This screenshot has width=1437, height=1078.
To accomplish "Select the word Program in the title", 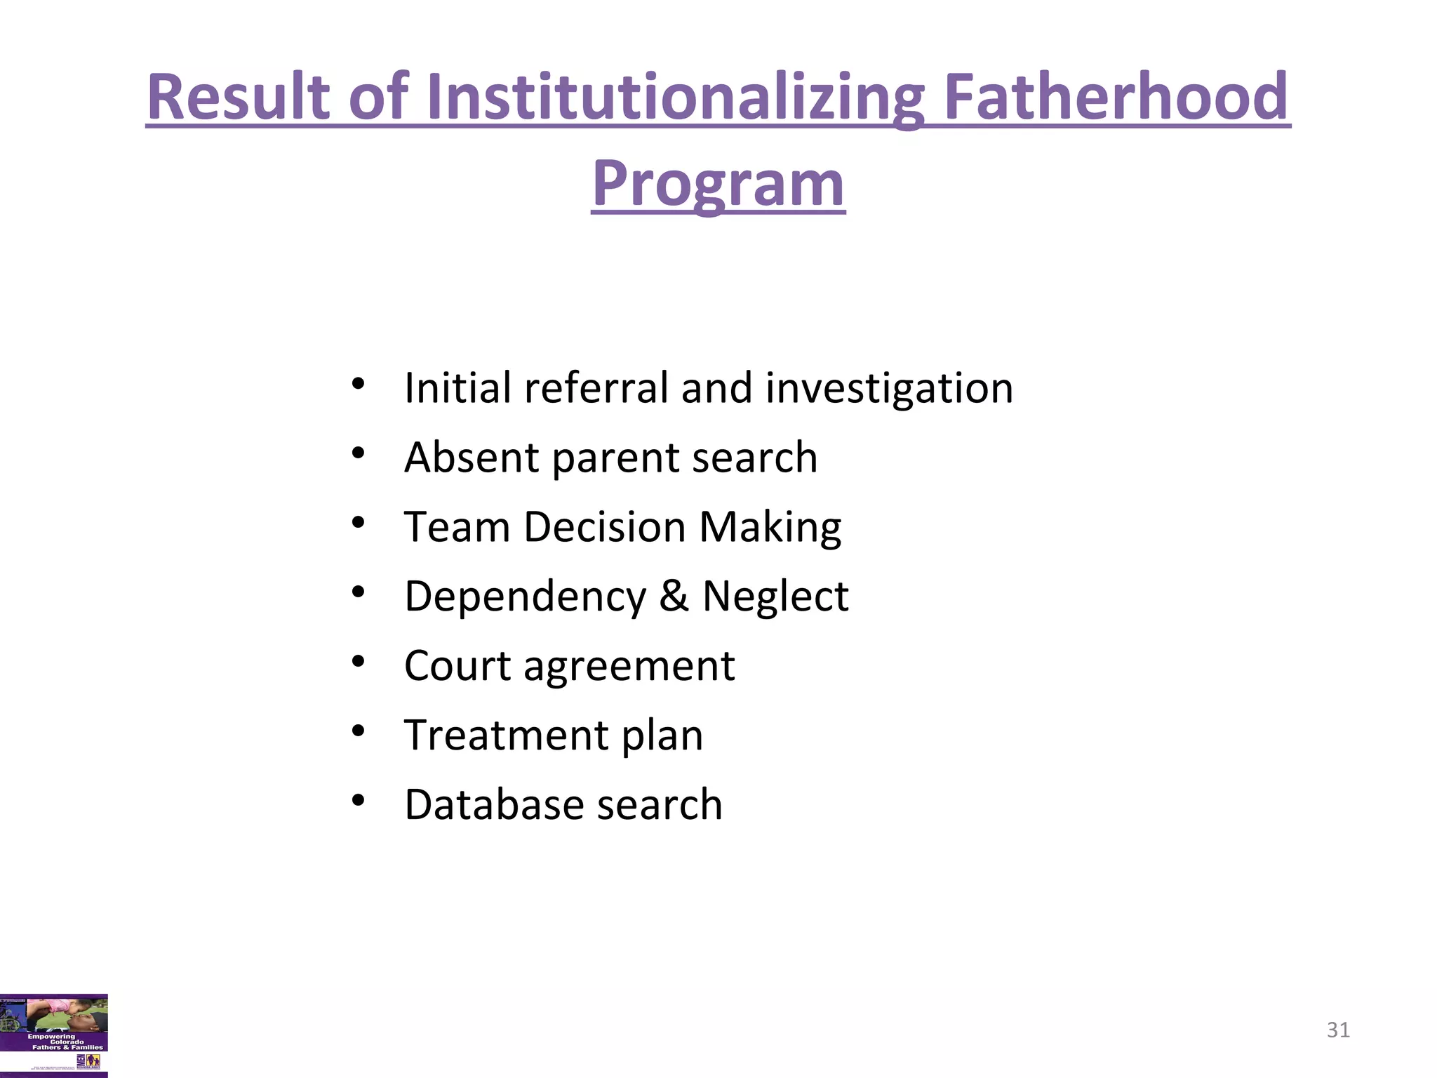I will [718, 184].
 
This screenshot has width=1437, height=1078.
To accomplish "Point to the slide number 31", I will [1338, 1030].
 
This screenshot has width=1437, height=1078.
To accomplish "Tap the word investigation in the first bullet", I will [889, 388].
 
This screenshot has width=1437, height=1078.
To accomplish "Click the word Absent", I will [472, 457].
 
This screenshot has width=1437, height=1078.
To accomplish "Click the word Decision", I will [604, 526].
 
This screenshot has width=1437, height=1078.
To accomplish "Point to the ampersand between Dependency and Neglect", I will [674, 596].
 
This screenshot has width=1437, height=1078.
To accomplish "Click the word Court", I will [457, 665].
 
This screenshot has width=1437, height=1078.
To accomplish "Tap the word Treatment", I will [506, 735].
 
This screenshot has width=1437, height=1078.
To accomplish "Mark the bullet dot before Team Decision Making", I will [359, 523].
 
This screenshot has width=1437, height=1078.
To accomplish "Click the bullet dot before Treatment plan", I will [359, 731].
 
